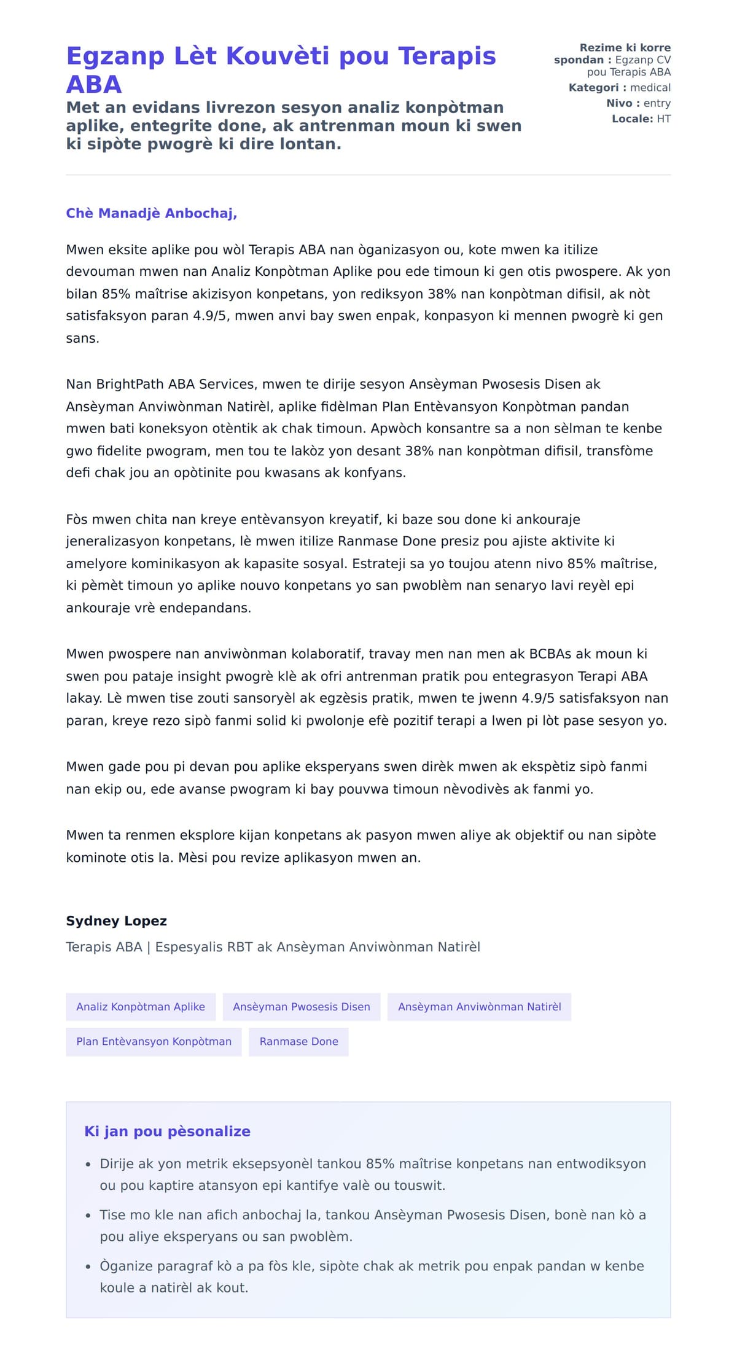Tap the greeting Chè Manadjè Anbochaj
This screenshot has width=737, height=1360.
coord(151,213)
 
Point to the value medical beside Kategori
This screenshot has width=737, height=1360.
coord(650,88)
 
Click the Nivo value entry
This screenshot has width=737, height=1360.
coord(657,103)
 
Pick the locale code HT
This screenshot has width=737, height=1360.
coord(663,119)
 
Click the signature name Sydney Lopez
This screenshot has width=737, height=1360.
coord(116,921)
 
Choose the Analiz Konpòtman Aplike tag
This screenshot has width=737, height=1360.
coord(141,1007)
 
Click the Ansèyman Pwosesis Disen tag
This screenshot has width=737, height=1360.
coord(302,1007)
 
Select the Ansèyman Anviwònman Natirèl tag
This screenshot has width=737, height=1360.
coord(479,1007)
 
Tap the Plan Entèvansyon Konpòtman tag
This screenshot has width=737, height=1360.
coord(154,1041)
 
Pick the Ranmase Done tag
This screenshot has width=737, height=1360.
coord(298,1041)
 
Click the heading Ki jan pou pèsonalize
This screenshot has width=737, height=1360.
coord(167,1131)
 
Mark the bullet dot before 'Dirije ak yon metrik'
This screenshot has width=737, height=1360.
coord(88,1164)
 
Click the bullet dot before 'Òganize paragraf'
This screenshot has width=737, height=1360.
coord(88,1266)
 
